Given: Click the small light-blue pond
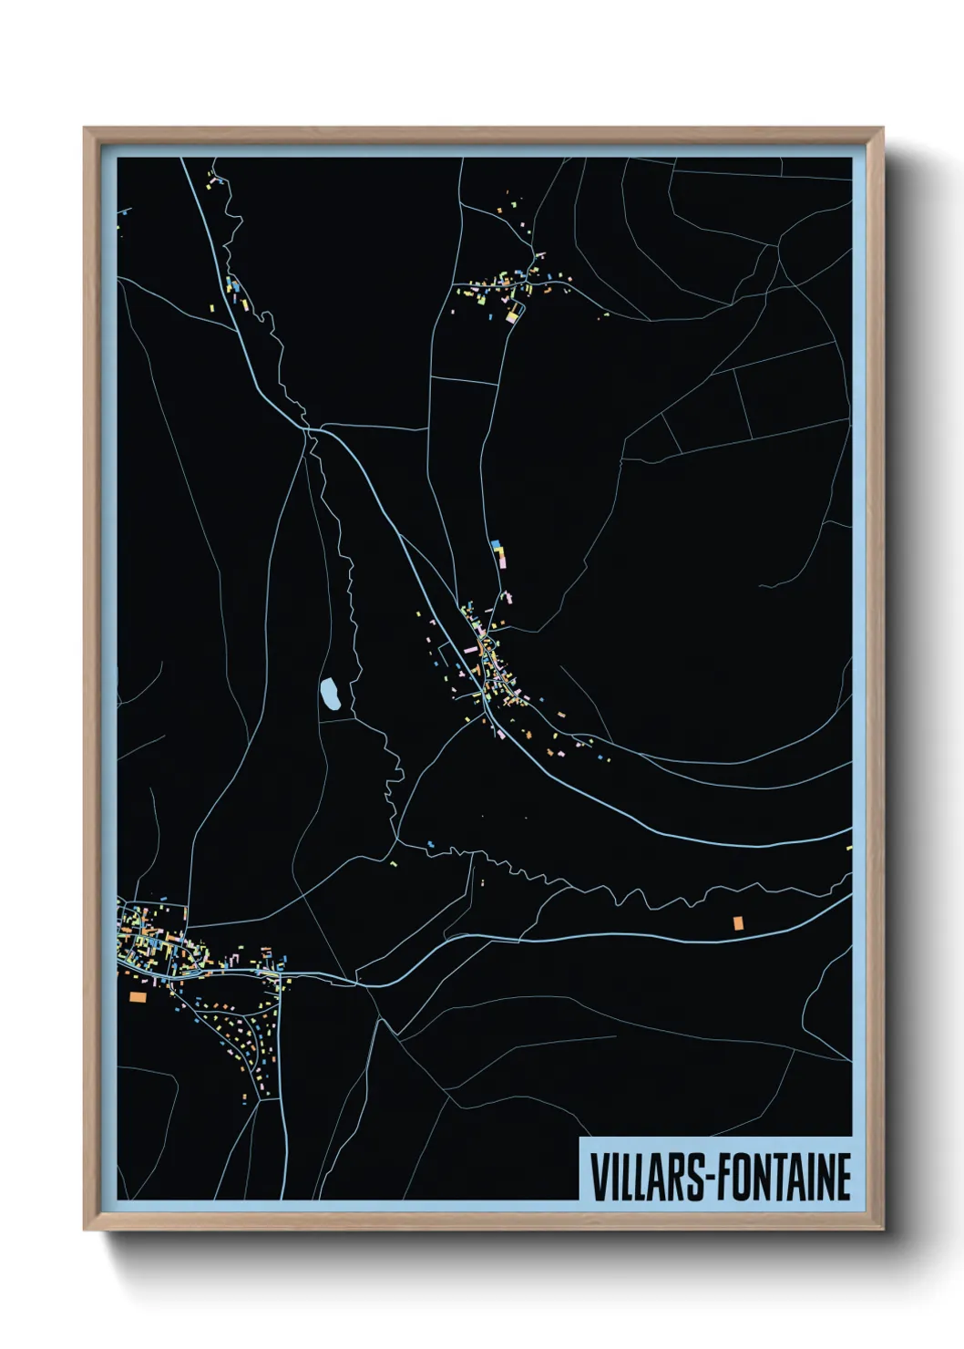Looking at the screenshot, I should tap(330, 695).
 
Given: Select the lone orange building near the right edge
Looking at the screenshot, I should tap(738, 922).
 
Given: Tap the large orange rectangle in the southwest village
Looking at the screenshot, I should tap(138, 997).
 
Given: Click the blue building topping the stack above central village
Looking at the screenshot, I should tap(496, 544).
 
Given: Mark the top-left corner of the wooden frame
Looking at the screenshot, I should tap(85, 129).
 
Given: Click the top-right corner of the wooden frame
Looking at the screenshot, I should tap(883, 129).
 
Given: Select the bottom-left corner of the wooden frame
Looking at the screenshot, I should tap(85, 1231).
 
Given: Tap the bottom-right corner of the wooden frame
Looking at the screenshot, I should tap(883, 1231).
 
